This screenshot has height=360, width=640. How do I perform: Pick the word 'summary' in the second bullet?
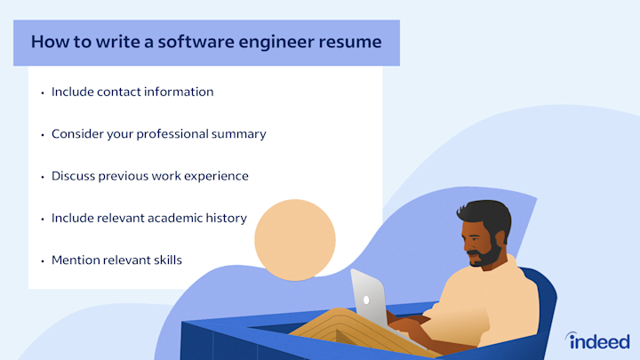click(242, 134)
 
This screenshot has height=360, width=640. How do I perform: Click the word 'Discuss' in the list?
click(74, 176)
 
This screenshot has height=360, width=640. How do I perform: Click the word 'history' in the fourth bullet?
click(227, 218)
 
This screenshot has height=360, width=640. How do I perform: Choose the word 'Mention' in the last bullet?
click(76, 260)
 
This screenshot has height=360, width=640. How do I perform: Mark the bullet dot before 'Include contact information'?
click(42, 92)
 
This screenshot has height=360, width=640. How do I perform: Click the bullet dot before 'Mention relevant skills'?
click(42, 261)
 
